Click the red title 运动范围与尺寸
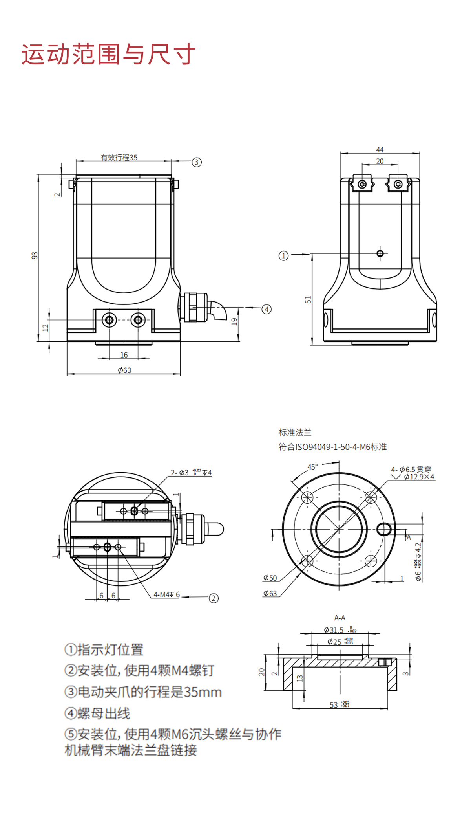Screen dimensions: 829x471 [x=108, y=54]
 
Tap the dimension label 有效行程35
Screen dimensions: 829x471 [x=119, y=158]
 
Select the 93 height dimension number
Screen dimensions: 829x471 [x=35, y=255]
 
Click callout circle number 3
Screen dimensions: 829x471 [x=197, y=162]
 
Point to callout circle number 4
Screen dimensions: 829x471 [x=267, y=309]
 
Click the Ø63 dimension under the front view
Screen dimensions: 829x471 [x=124, y=370]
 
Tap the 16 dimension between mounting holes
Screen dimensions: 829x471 [x=124, y=355]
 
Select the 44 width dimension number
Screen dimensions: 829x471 [x=380, y=150]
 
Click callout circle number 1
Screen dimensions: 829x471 [x=283, y=256]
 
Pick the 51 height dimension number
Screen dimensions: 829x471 [x=308, y=300]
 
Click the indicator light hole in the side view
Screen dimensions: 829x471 [x=380, y=253]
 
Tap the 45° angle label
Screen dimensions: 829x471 [x=312, y=467]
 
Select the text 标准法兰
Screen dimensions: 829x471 [x=295, y=433]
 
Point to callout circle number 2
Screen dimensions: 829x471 [x=214, y=598]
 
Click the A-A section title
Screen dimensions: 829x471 [x=340, y=618]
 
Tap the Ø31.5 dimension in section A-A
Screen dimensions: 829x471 [x=334, y=630]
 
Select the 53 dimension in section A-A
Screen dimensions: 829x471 [x=334, y=705]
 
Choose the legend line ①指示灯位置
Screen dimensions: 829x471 [x=104, y=649]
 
